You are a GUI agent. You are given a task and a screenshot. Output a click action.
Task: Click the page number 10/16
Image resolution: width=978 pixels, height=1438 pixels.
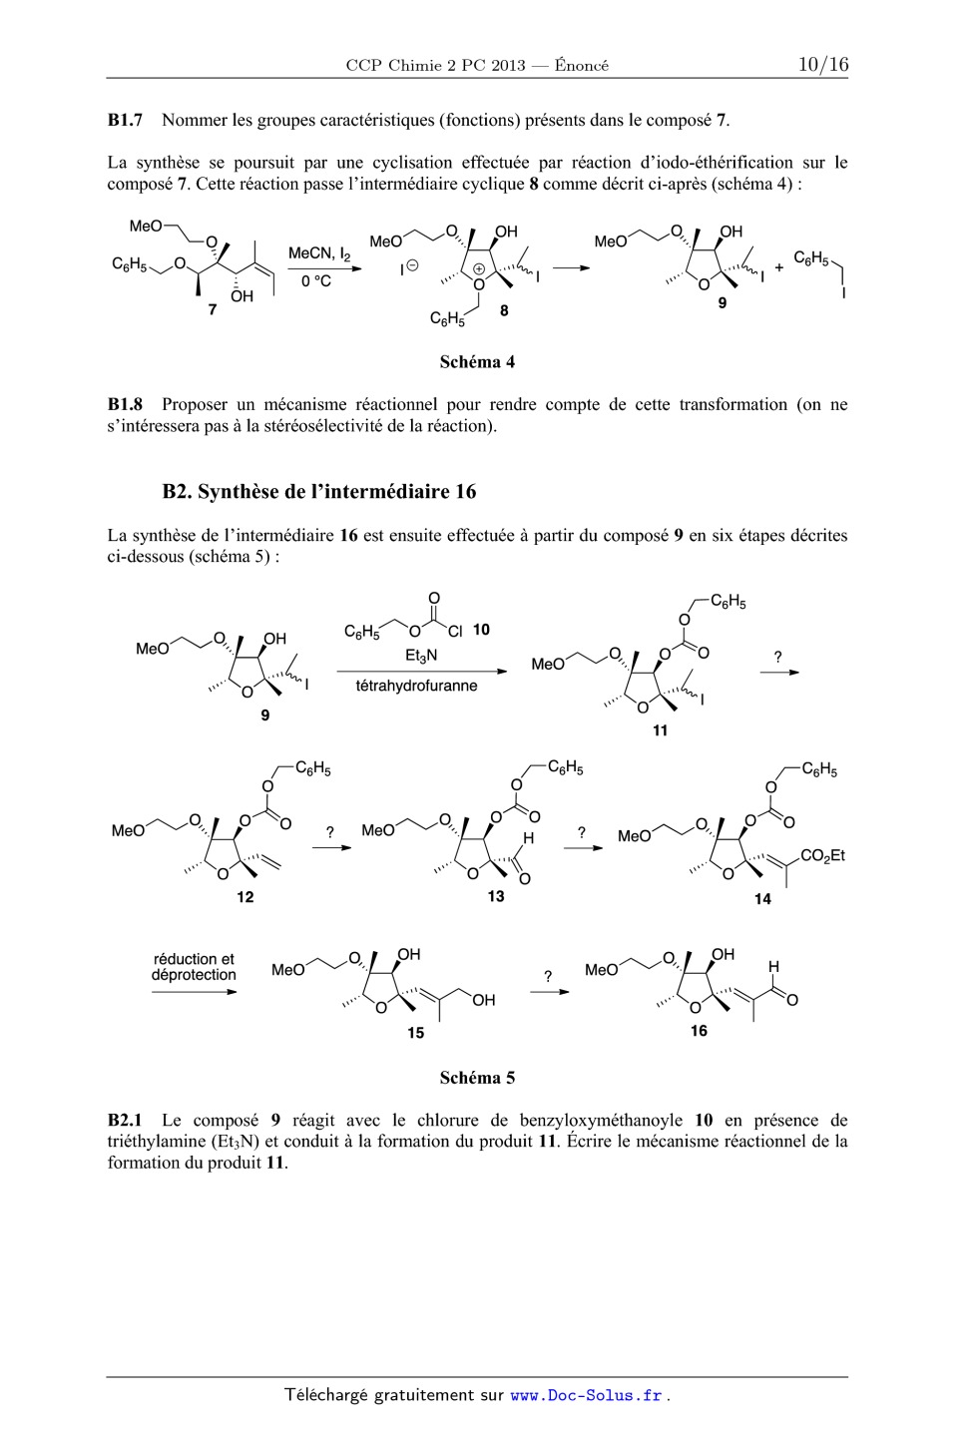pos(822,65)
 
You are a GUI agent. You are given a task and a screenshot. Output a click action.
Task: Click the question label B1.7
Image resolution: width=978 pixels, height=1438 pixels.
pos(125,121)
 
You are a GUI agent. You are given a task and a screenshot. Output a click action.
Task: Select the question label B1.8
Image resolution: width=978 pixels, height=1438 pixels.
pos(125,405)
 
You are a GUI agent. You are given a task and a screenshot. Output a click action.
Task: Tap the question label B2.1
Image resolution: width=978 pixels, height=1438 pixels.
pos(125,1121)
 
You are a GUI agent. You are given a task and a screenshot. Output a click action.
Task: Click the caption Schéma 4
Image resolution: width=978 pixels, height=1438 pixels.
pos(477,362)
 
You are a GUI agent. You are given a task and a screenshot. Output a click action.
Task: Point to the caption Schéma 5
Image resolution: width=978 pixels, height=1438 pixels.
pos(477,1078)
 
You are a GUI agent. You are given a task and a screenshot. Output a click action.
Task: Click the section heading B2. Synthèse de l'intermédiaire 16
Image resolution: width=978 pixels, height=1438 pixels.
pos(318,492)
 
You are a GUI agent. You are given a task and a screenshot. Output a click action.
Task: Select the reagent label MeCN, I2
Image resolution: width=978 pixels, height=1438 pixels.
pos(318,255)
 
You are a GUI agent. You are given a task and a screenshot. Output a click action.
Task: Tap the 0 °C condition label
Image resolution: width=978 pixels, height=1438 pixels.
pos(316,281)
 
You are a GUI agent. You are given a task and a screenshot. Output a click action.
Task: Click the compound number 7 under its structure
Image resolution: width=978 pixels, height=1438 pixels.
pos(212,310)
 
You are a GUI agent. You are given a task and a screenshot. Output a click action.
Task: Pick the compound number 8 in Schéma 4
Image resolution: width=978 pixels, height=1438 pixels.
pos(505,310)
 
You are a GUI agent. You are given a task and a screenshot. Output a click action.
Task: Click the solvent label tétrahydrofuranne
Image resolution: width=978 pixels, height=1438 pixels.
pos(416,687)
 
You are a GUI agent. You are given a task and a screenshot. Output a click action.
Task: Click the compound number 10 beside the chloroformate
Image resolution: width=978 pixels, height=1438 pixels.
pos(481,630)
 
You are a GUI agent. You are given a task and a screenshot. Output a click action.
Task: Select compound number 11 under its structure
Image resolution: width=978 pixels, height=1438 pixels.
pos(660,730)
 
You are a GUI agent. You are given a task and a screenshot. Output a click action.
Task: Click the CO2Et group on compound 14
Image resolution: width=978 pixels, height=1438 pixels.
pos(822,855)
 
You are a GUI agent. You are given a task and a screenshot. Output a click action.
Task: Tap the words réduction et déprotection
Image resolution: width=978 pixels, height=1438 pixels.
pos(194,967)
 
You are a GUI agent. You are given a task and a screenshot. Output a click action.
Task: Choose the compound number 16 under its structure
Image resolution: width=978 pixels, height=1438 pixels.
pos(699,1031)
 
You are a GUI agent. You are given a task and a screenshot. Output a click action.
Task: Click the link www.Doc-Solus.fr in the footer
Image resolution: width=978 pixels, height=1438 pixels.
pos(587,1396)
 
